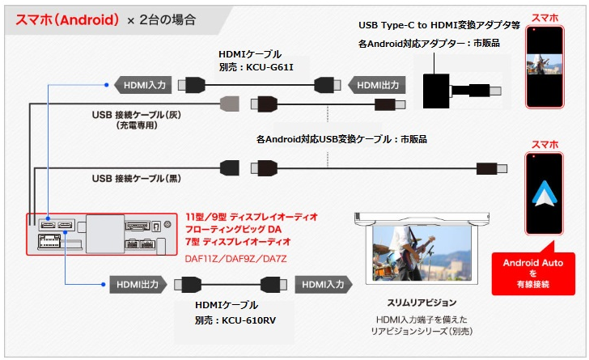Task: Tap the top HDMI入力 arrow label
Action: pyautogui.click(x=143, y=83)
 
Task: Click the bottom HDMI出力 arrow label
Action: pyautogui.click(x=136, y=284)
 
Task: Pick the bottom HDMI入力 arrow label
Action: pyautogui.click(x=324, y=284)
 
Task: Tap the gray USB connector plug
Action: pyautogui.click(x=231, y=104)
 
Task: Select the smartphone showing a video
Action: pyautogui.click(x=545, y=68)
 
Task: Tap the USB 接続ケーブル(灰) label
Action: pyautogui.click(x=137, y=115)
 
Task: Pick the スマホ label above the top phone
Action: pyautogui.click(x=545, y=17)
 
